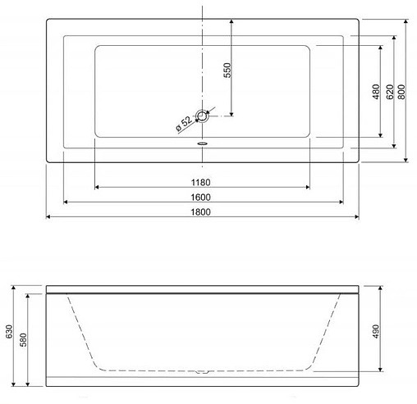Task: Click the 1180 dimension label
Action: [x=202, y=181]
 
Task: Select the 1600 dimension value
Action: [x=202, y=197]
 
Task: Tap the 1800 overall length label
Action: [x=202, y=212]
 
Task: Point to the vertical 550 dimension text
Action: [x=227, y=70]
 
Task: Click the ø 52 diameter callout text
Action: [x=183, y=124]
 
